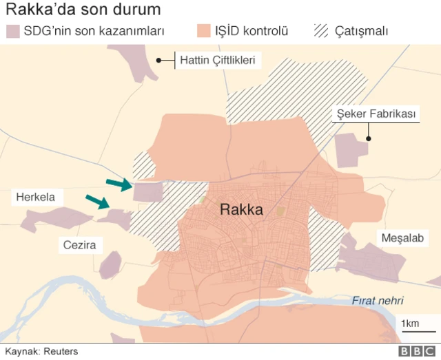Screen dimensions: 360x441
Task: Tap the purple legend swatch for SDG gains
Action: pos(12,32)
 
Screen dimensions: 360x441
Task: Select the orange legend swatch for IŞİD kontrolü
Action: pos(203,32)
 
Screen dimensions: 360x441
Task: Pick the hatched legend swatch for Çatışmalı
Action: pos(320,32)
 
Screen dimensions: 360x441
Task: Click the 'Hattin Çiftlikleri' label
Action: pos(218,61)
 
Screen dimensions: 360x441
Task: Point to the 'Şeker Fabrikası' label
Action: pos(376,114)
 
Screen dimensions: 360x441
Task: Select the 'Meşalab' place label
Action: pos(400,238)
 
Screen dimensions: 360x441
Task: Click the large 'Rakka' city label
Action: pos(241,210)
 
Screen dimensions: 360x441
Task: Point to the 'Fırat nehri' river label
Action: pos(378,300)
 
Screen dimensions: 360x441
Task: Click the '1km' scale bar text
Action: pos(410,324)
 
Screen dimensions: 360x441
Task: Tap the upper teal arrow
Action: pos(119,183)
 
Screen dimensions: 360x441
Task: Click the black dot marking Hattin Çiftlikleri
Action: pos(159,61)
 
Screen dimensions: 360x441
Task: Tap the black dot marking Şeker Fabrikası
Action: pos(369,139)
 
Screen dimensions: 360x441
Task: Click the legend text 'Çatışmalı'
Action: pos(361,32)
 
